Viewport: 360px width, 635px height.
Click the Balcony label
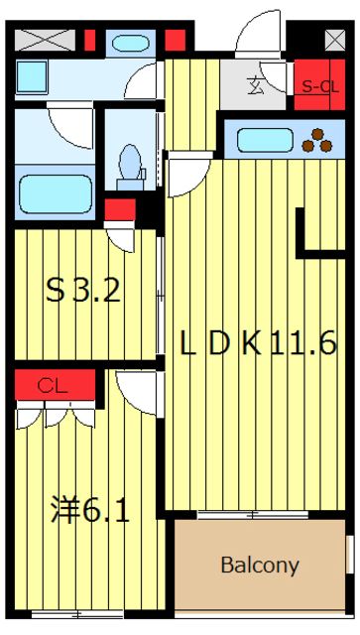(x=259, y=566)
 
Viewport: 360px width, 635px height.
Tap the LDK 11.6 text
(x=258, y=343)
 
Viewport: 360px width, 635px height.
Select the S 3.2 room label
(x=84, y=291)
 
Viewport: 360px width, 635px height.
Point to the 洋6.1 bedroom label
(x=90, y=513)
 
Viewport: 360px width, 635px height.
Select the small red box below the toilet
(x=119, y=209)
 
